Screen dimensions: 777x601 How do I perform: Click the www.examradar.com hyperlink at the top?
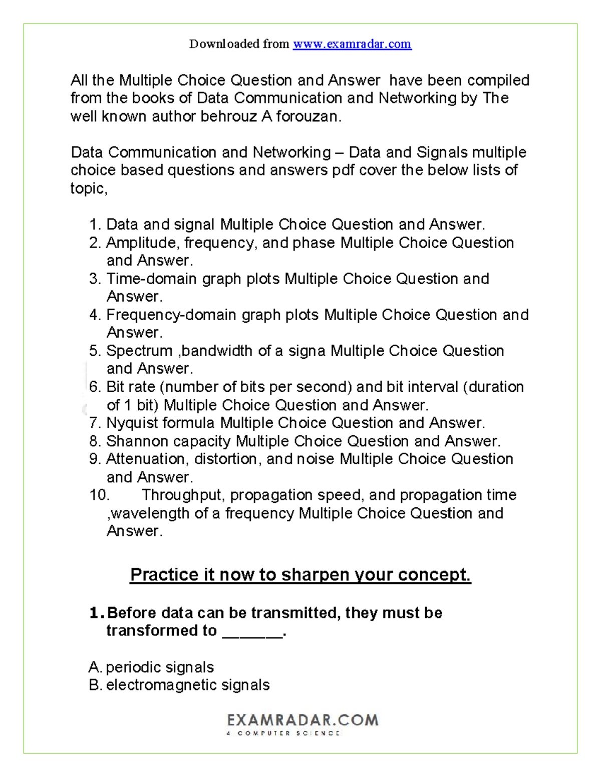(x=352, y=44)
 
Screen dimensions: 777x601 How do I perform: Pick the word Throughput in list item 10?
(x=184, y=495)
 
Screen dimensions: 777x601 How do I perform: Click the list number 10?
(x=99, y=495)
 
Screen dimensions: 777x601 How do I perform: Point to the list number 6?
(x=95, y=387)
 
